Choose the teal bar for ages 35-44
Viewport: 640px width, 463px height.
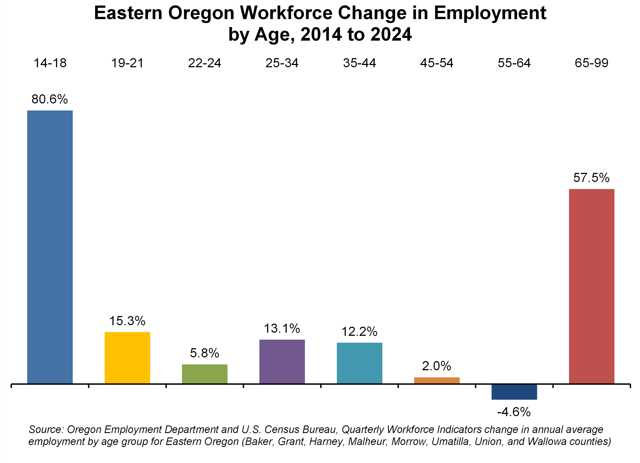pos(360,363)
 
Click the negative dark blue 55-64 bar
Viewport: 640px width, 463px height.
pos(514,392)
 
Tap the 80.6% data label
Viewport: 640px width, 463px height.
pos(50,99)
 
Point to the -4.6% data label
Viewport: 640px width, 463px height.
pos(514,412)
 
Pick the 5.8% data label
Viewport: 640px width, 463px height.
pos(205,353)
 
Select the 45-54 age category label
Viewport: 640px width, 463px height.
pos(437,63)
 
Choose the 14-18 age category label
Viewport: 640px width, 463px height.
pos(50,63)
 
